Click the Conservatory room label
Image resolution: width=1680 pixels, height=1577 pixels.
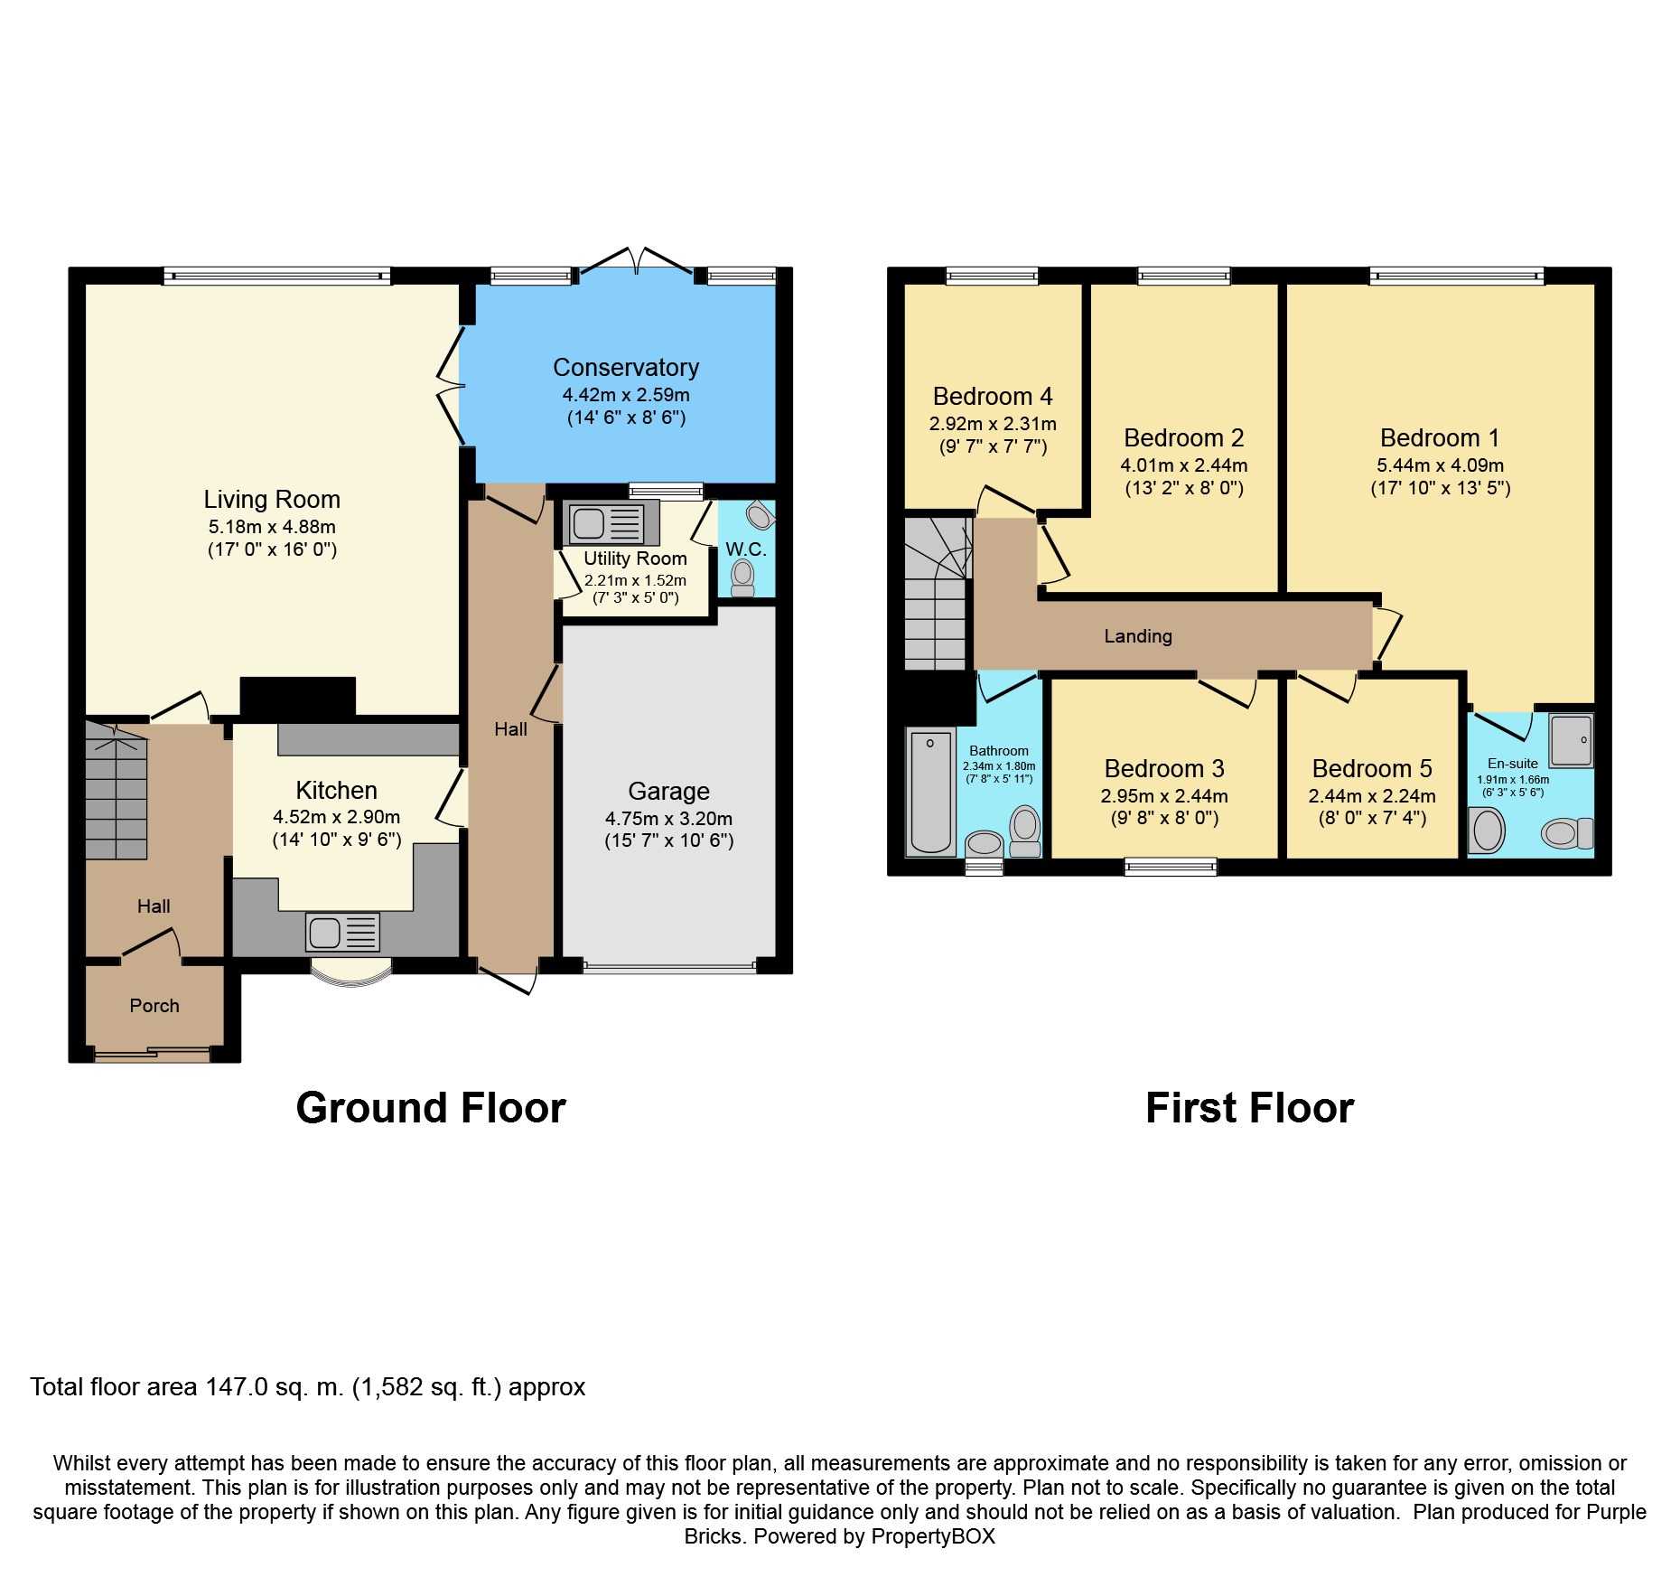click(x=626, y=368)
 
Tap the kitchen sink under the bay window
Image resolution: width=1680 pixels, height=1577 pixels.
click(x=342, y=933)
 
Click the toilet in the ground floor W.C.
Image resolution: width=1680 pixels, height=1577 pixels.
click(x=742, y=578)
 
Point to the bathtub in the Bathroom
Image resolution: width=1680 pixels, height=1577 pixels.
click(x=930, y=792)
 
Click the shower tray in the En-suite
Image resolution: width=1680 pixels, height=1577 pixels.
click(x=1572, y=740)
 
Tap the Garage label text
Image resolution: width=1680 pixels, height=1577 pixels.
click(x=669, y=792)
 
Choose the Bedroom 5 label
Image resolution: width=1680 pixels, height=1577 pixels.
click(x=1372, y=769)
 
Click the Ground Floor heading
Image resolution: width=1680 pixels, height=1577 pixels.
click(x=431, y=1108)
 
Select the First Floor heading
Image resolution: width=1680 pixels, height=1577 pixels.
click(x=1250, y=1108)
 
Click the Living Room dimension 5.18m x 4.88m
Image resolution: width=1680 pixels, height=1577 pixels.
click(x=272, y=527)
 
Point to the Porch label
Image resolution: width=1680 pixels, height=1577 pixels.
click(x=154, y=1006)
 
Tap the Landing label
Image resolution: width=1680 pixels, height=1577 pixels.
click(x=1138, y=636)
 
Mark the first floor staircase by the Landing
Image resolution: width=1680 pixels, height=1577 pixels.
click(x=937, y=593)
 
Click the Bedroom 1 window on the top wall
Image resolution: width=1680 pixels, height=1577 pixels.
click(x=1457, y=276)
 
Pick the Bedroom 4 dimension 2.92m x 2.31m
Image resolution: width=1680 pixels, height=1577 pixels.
click(x=993, y=424)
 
